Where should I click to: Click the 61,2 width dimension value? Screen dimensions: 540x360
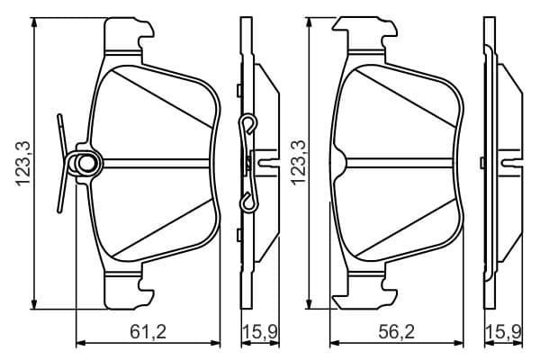148,332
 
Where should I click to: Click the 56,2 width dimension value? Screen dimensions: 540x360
396,332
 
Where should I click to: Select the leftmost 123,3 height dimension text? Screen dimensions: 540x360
23,164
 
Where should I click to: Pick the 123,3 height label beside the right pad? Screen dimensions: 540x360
298,163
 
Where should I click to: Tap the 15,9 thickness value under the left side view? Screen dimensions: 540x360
260,332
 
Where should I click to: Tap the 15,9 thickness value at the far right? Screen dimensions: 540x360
503,332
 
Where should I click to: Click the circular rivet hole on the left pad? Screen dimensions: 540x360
85,163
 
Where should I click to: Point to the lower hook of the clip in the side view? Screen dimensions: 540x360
248,202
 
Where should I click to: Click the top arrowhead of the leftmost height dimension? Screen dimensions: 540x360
34,22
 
